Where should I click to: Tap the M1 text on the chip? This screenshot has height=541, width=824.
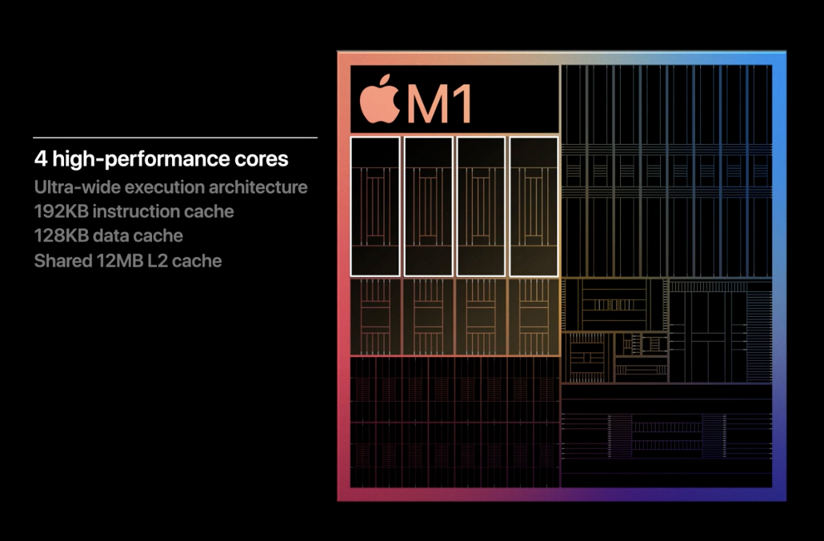click(439, 102)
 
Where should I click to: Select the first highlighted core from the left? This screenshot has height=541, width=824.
click(375, 206)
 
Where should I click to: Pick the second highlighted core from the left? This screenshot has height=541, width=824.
click(428, 206)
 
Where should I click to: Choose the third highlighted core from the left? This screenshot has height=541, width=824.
click(481, 206)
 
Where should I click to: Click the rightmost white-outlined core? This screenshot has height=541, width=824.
click(534, 206)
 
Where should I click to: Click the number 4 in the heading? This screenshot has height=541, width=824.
click(40, 159)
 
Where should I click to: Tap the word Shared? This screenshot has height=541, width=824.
click(61, 261)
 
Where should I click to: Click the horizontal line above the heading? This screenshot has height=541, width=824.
click(175, 138)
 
